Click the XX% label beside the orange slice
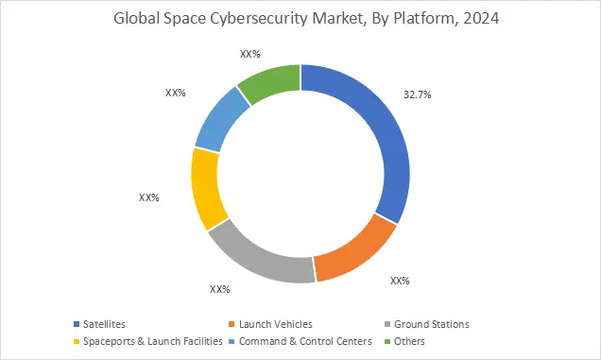pyautogui.click(x=400, y=281)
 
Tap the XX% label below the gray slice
pyautogui.click(x=219, y=289)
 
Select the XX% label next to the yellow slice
pyautogui.click(x=148, y=198)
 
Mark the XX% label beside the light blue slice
pyautogui.click(x=175, y=94)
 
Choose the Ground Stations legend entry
pyautogui.click(x=431, y=324)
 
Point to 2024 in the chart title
pyautogui.click(x=472, y=17)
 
